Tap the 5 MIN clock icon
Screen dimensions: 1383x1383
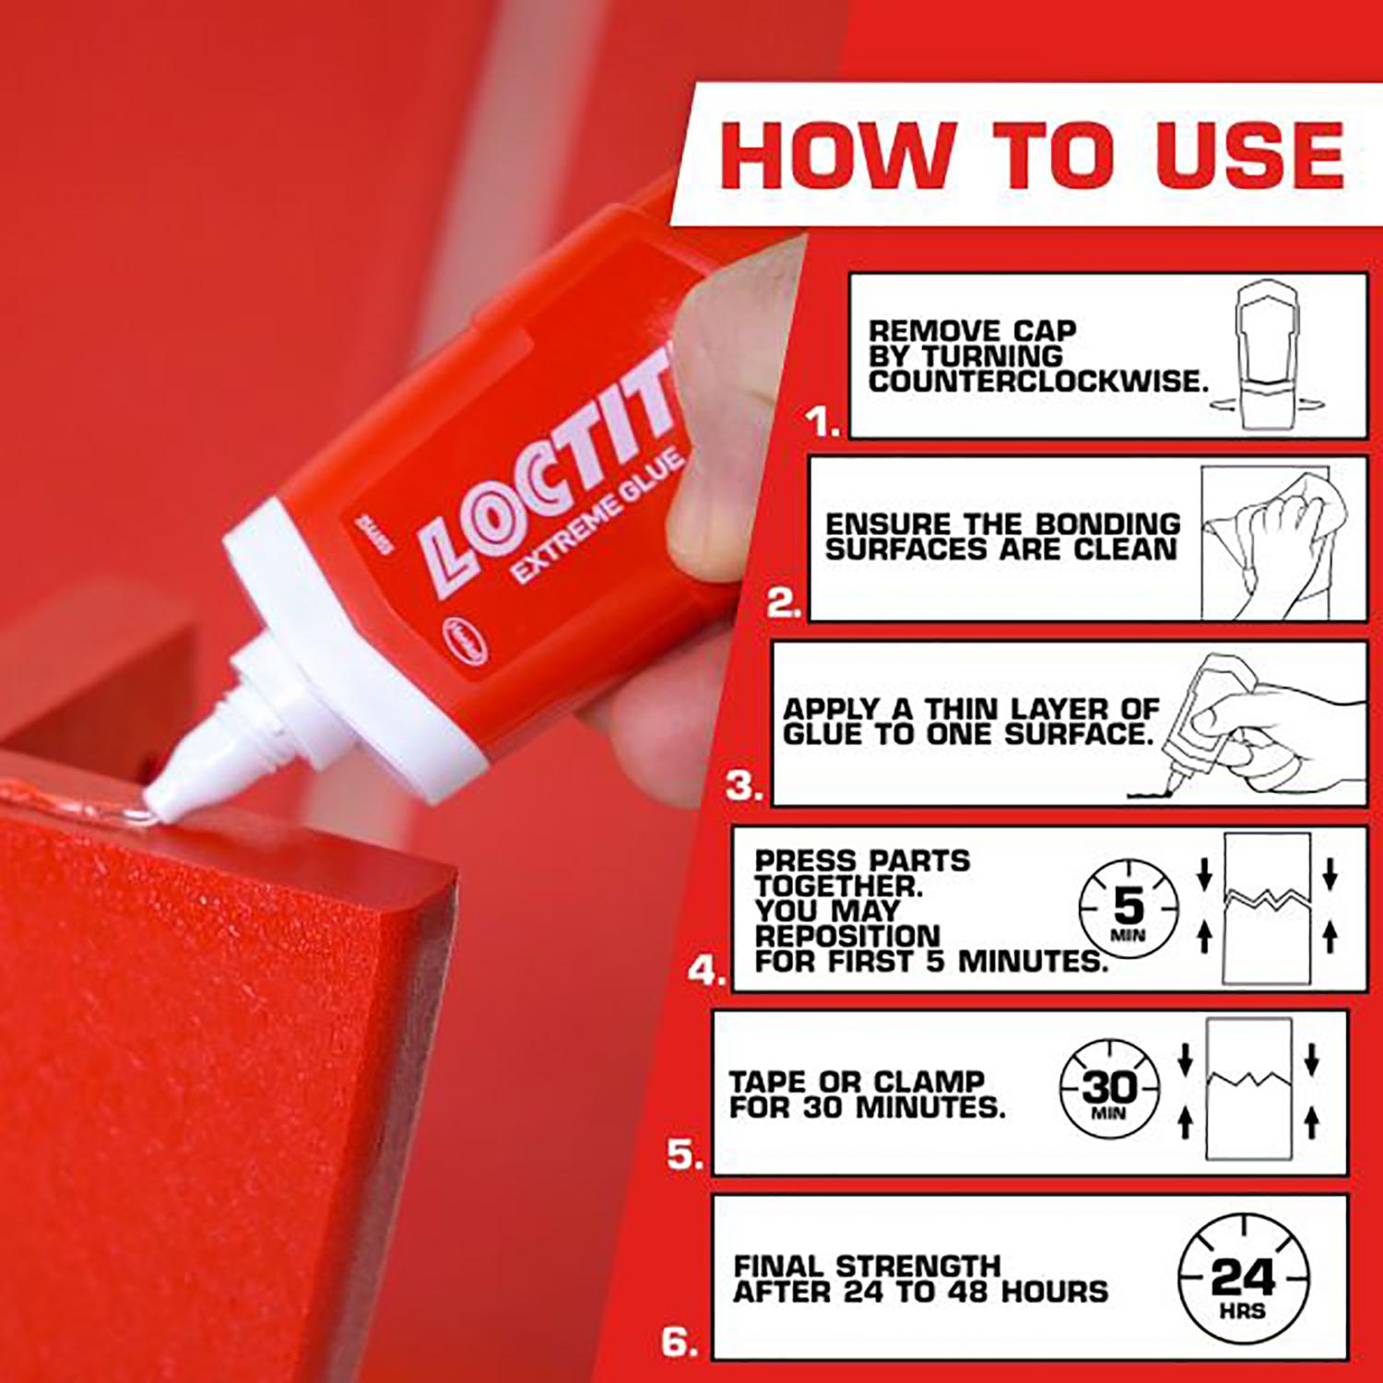pos(1129,909)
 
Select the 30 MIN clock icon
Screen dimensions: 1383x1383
pos(1108,1092)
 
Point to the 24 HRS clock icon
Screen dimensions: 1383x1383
pos(1243,1278)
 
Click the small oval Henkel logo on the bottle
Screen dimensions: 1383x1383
pos(465,641)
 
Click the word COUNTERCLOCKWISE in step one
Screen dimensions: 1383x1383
pos(1036,382)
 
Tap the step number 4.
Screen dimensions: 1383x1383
pos(705,971)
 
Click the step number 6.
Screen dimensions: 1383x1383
pos(680,1342)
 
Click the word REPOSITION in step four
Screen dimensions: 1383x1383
pos(846,936)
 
